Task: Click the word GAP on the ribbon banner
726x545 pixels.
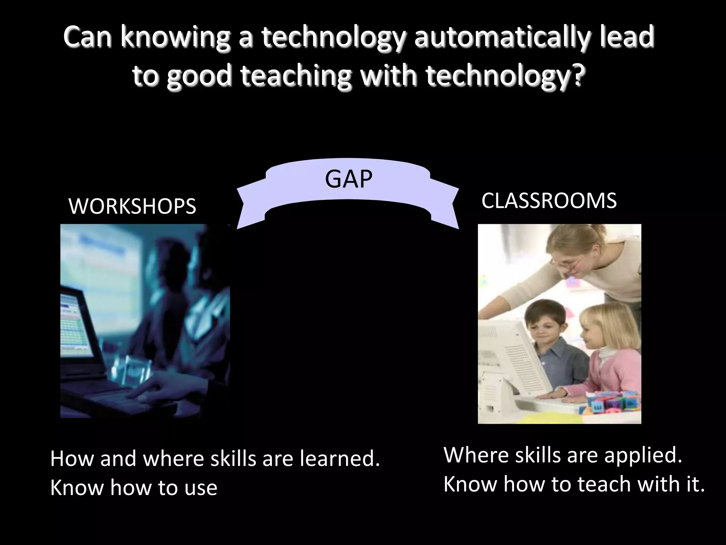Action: [348, 179]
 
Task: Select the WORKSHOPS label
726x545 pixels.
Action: [132, 206]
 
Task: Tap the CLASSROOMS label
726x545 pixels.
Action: [549, 200]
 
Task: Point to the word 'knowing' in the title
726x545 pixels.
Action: [175, 37]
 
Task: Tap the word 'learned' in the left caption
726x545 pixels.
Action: [340, 458]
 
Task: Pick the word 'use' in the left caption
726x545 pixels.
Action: [201, 488]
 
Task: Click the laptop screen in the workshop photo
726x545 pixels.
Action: [74, 323]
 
